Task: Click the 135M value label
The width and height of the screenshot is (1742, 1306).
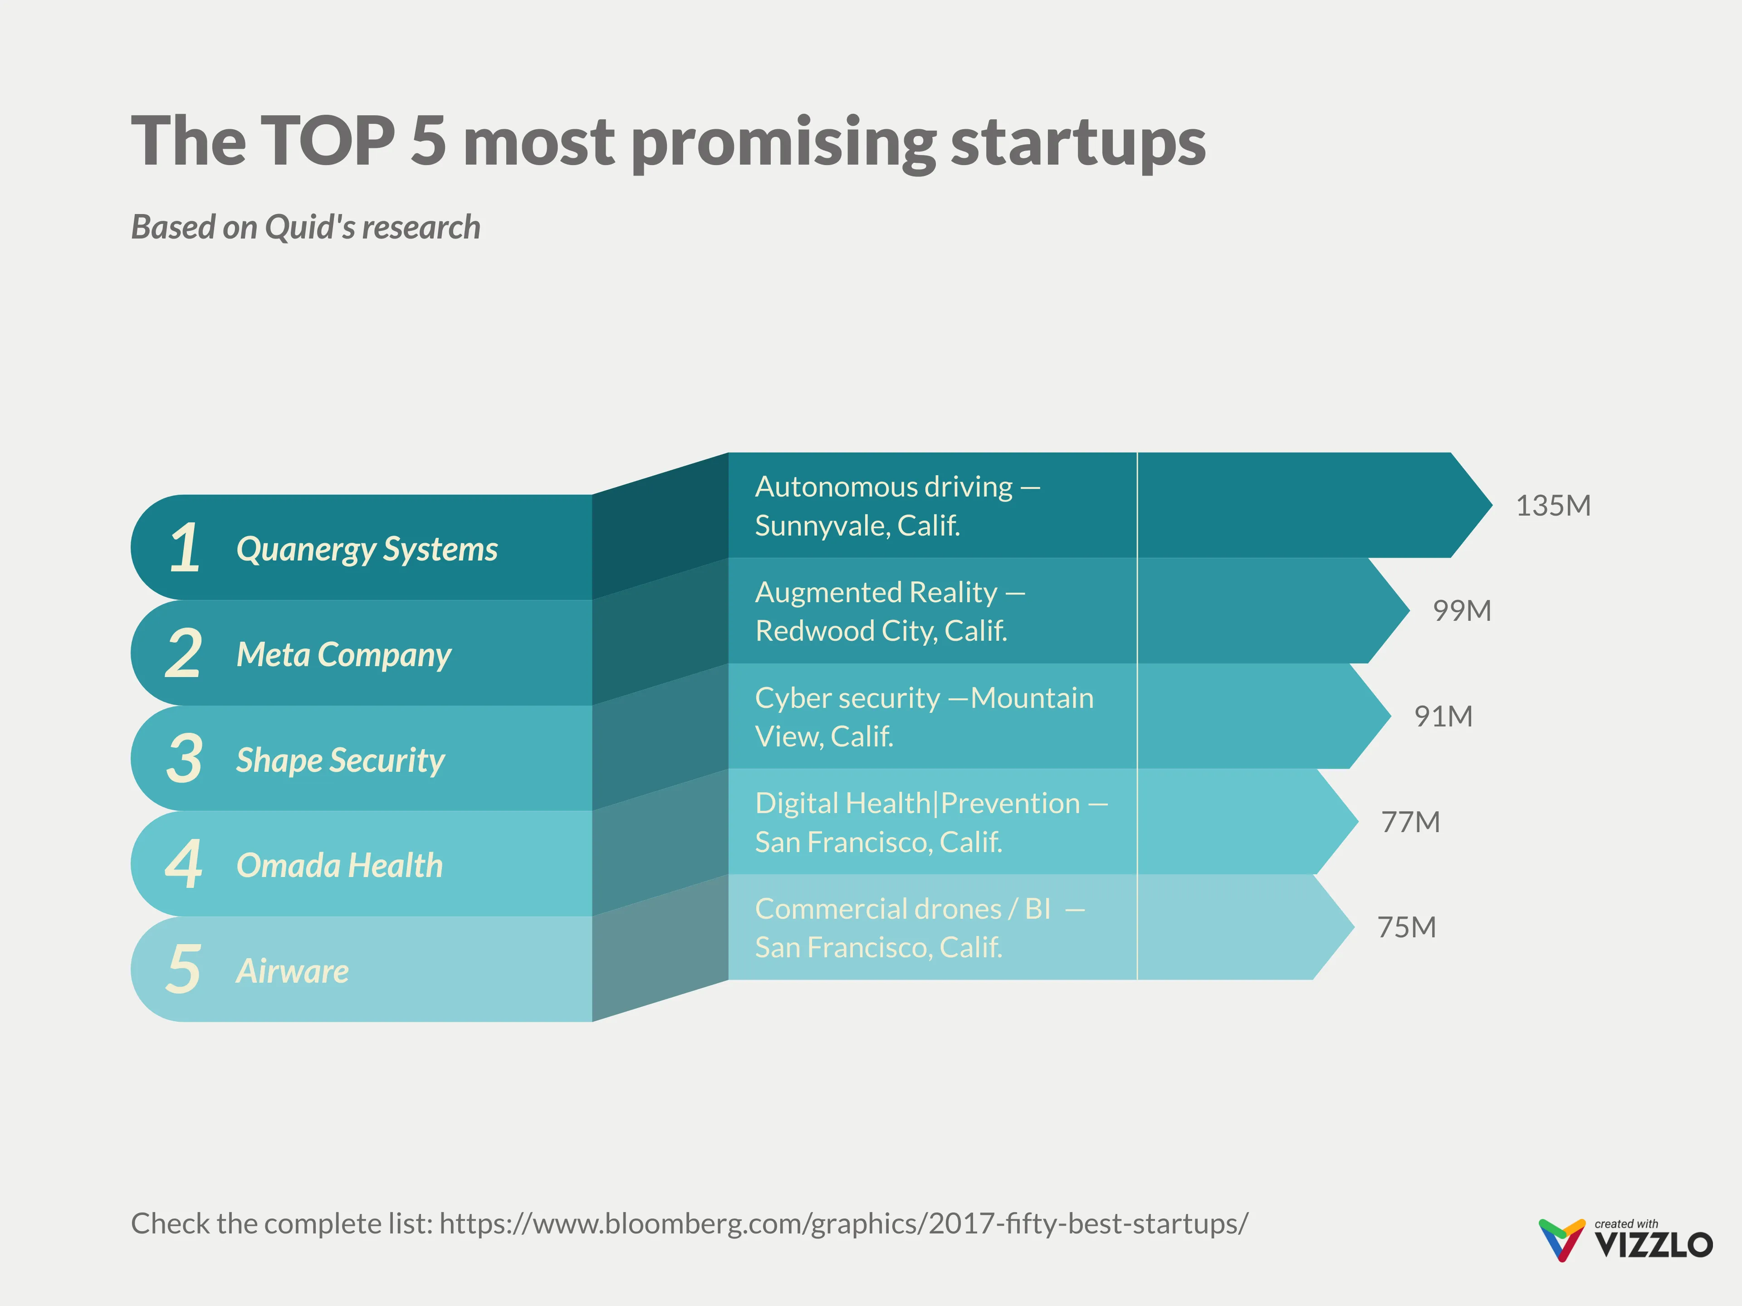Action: [1552, 506]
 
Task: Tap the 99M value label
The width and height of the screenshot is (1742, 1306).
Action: [1462, 611]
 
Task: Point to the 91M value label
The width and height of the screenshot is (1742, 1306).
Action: [1443, 716]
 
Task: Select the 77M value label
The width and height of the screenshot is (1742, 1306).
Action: [1409, 822]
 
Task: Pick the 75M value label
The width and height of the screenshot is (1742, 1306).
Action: [1406, 927]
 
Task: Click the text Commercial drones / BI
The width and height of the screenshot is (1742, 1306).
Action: [902, 909]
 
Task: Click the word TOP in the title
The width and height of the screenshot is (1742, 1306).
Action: [327, 141]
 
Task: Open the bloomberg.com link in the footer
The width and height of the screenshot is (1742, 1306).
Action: [843, 1224]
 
